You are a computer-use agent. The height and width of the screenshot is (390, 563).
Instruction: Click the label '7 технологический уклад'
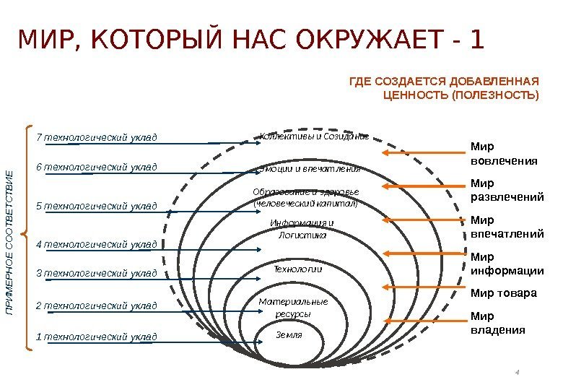(97, 137)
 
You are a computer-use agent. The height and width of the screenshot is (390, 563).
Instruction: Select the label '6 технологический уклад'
(97, 168)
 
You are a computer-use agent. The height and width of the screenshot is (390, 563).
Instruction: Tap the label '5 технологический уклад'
(97, 207)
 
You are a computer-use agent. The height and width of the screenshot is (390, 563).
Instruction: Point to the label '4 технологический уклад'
(97, 244)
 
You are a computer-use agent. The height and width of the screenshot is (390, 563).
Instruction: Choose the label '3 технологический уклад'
(97, 273)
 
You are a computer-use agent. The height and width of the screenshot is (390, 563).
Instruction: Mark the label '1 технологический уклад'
(97, 337)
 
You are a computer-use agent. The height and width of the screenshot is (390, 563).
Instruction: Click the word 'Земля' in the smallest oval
(289, 335)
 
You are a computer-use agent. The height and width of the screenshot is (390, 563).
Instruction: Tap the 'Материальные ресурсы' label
(293, 308)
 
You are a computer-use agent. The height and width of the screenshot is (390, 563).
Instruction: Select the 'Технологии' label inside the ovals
(297, 269)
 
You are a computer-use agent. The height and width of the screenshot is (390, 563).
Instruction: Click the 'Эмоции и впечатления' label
(308, 170)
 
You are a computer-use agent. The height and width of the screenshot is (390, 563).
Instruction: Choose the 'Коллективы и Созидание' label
(314, 136)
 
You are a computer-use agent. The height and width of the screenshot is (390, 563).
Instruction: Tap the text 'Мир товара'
(503, 293)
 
